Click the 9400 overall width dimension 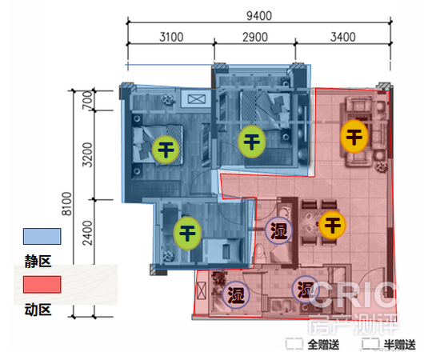click(x=259, y=16)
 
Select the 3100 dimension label click(x=171, y=37)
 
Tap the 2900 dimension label click(x=255, y=37)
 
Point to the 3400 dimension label click(x=343, y=37)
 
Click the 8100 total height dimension click(x=66, y=203)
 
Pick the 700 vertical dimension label click(x=87, y=100)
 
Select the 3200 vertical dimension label click(x=87, y=154)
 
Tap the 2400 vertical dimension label click(x=87, y=233)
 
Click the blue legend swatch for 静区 click(x=42, y=236)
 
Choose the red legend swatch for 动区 click(x=42, y=284)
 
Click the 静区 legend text click(x=38, y=262)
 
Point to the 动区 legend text click(x=38, y=310)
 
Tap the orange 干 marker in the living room click(x=354, y=136)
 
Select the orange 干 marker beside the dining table click(x=332, y=225)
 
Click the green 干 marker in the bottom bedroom click(x=187, y=233)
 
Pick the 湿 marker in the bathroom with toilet click(x=278, y=230)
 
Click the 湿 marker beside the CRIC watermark click(x=306, y=290)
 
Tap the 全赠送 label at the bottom click(x=323, y=345)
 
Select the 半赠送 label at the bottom click(x=400, y=345)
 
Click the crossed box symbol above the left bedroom click(x=197, y=99)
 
